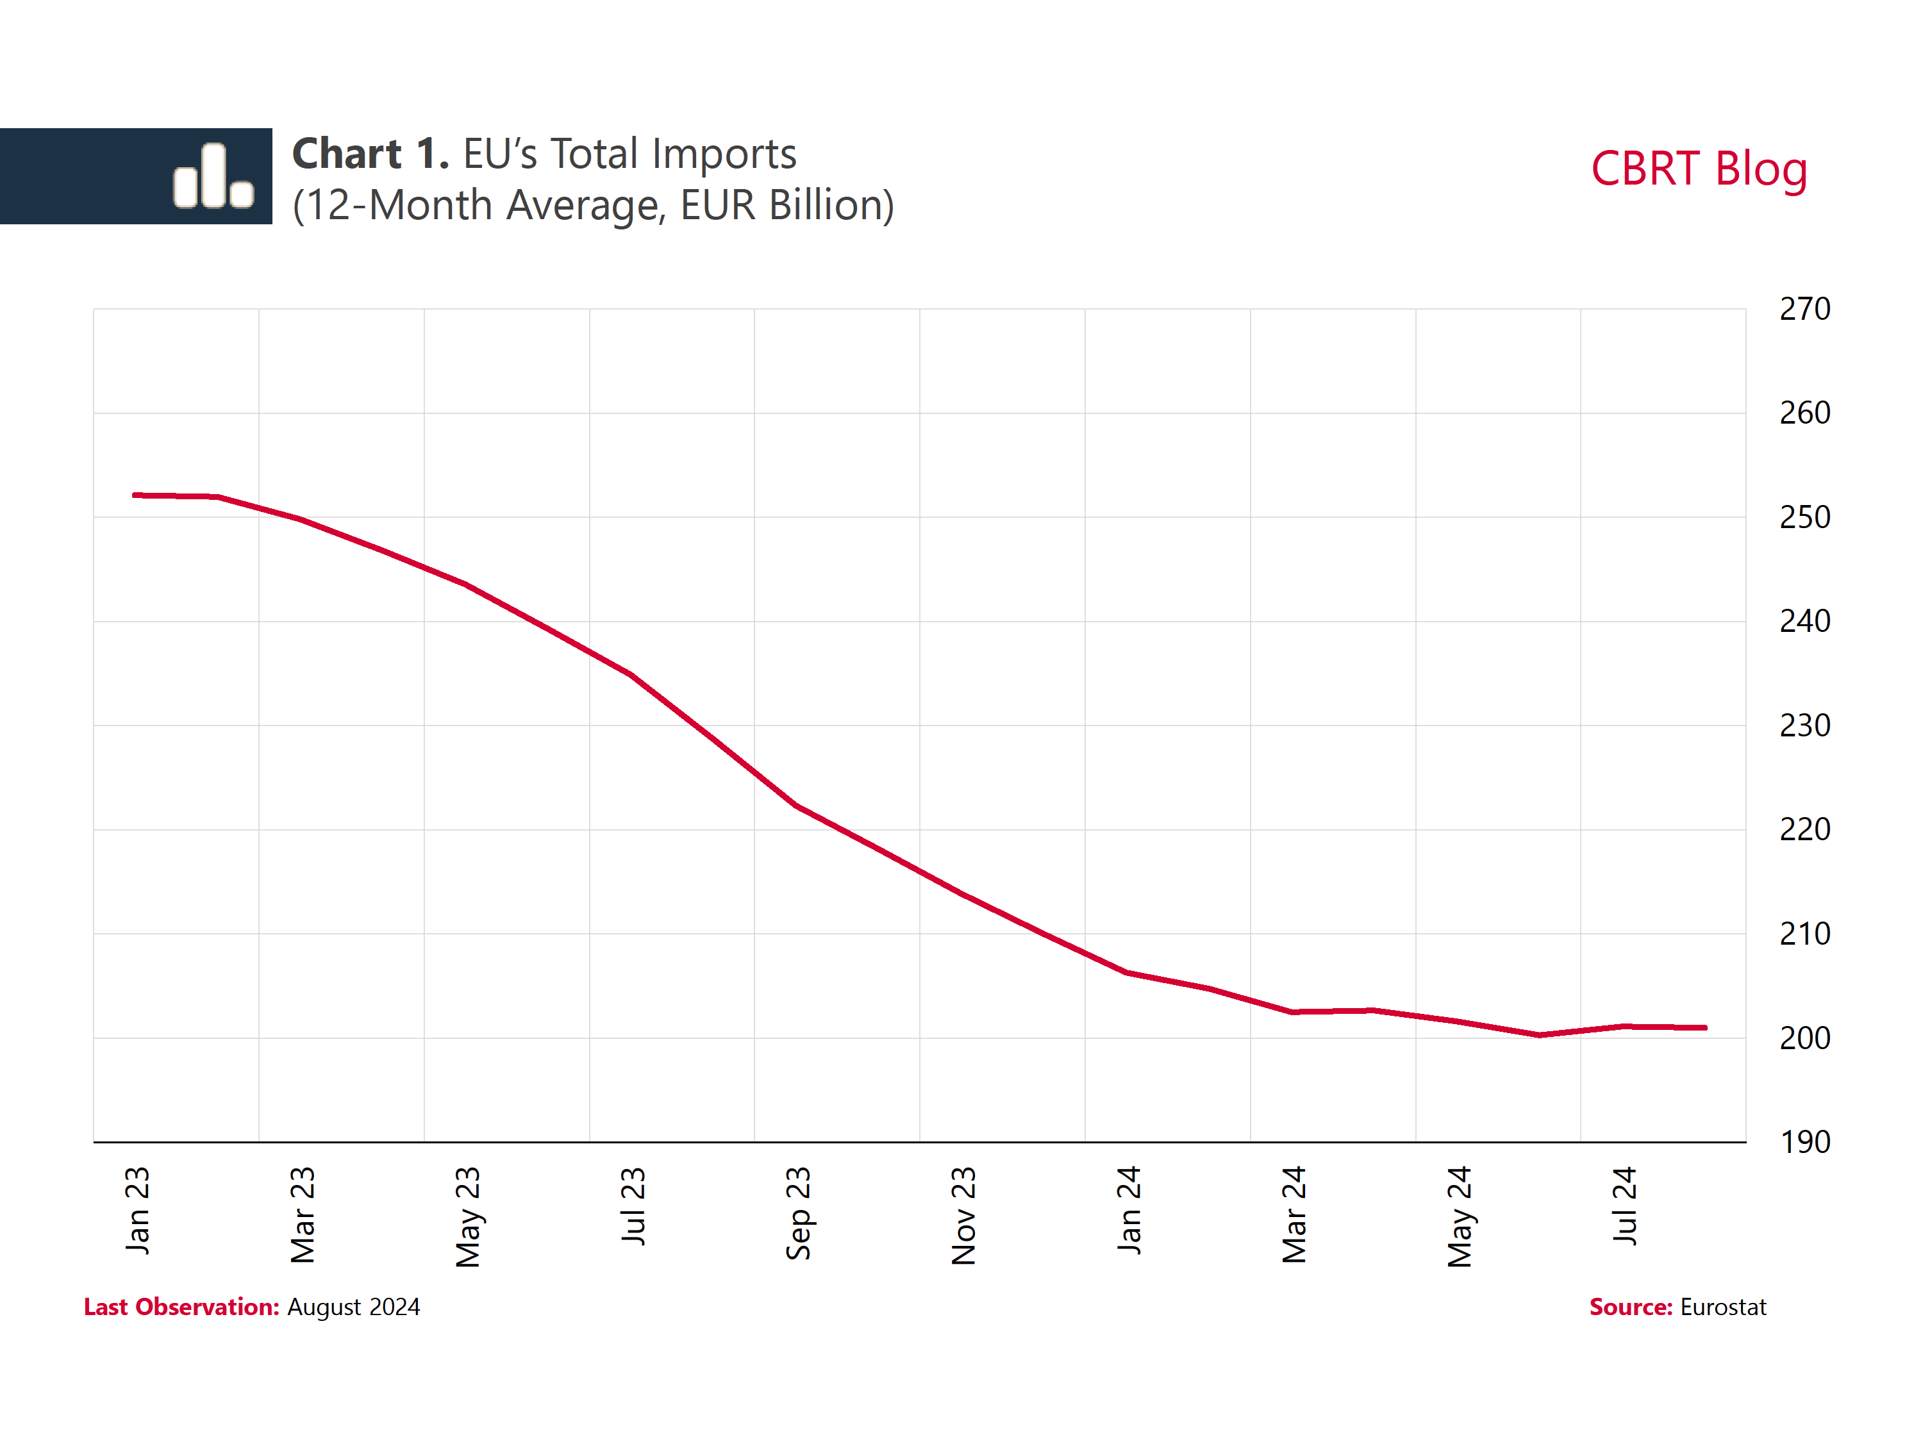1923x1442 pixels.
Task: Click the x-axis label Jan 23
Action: (x=137, y=1210)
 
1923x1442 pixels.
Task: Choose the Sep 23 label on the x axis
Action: (x=798, y=1213)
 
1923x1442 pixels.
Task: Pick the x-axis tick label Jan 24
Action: (x=1128, y=1210)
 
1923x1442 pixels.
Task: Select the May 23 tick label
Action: (x=468, y=1217)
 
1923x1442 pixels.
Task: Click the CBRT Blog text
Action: (x=1699, y=169)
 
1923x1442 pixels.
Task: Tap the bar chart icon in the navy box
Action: (x=213, y=176)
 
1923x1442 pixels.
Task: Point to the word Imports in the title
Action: (x=724, y=154)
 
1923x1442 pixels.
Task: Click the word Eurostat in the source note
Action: (x=1722, y=1307)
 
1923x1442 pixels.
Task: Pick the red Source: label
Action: (x=1630, y=1307)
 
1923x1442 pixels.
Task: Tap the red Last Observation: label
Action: (x=181, y=1307)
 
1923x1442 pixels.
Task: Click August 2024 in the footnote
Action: (x=353, y=1307)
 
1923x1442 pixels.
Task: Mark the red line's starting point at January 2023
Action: (x=135, y=495)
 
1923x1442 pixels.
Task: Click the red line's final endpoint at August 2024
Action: (x=1706, y=1027)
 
